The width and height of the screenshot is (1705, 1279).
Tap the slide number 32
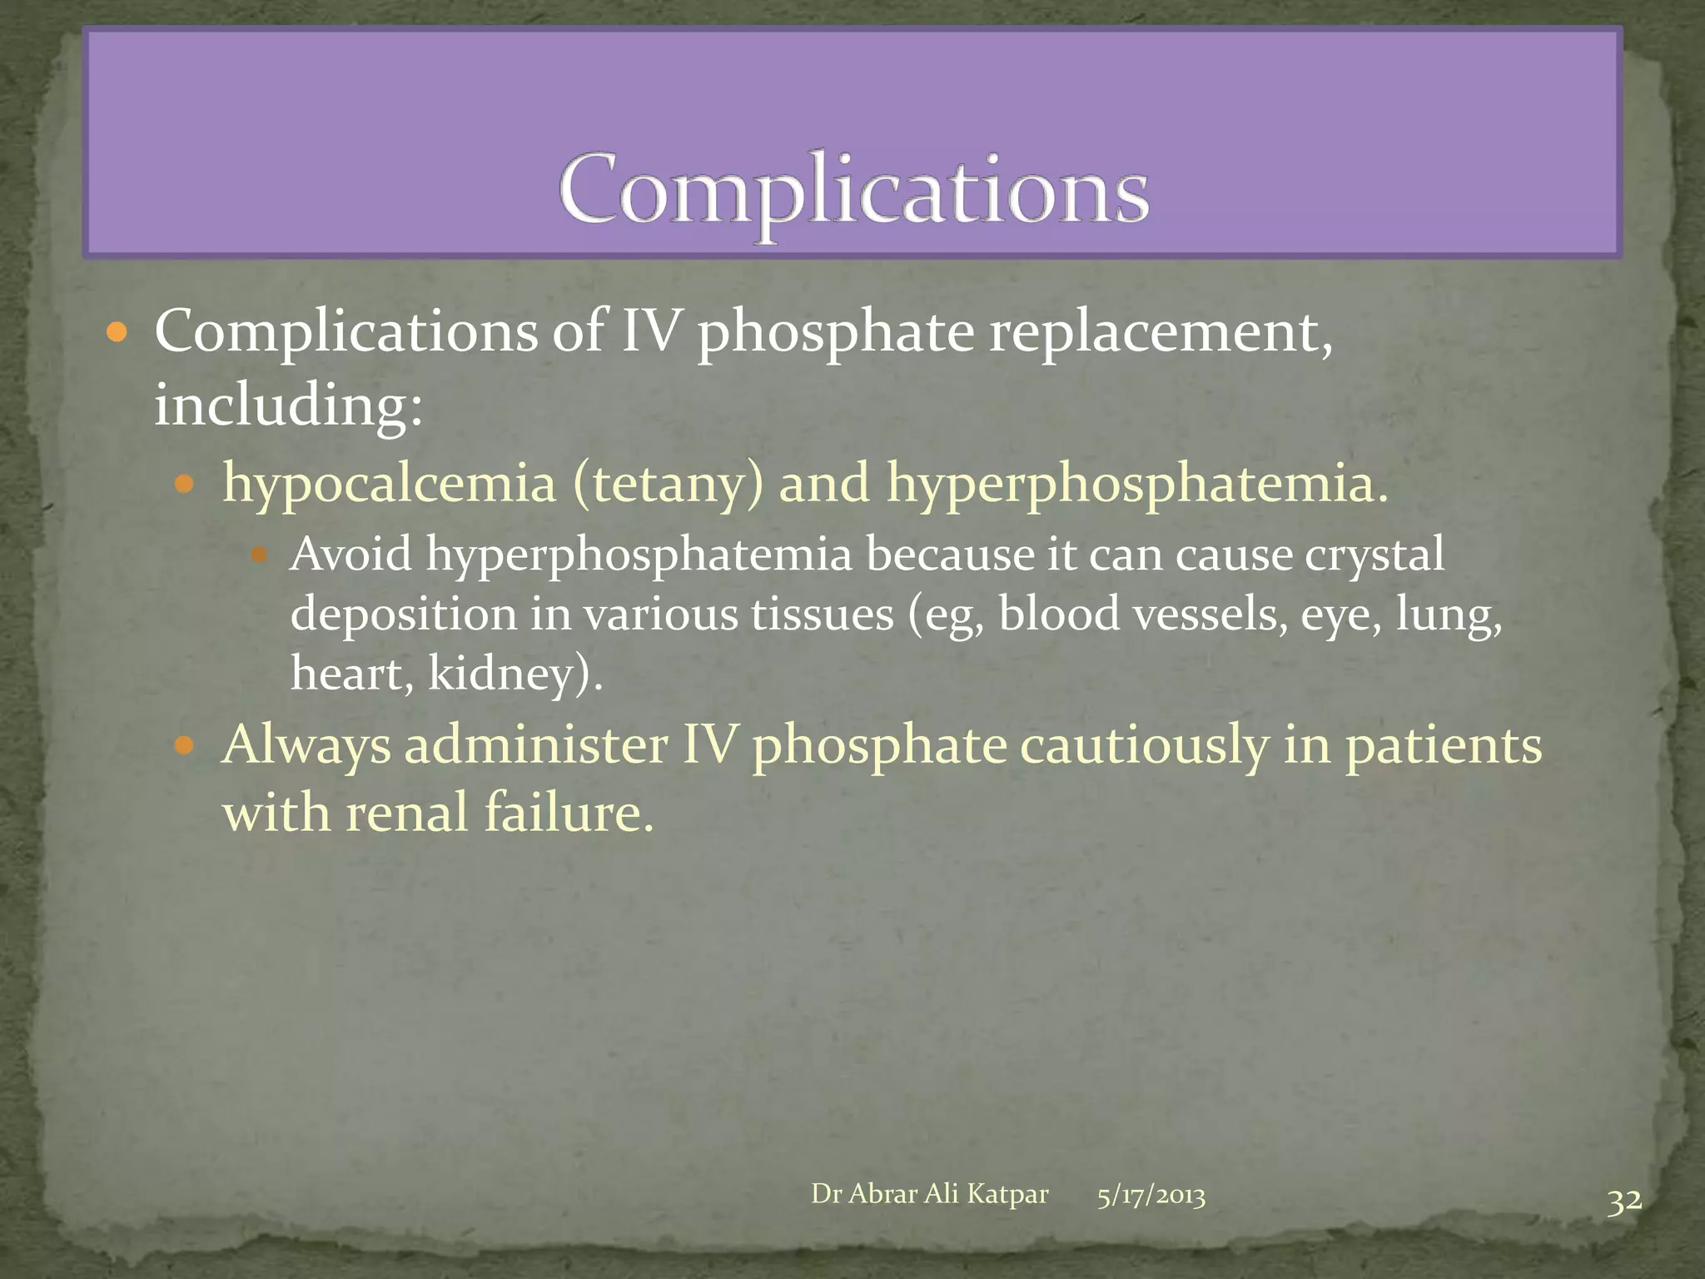(1623, 1202)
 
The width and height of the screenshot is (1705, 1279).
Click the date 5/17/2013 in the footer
(1151, 1196)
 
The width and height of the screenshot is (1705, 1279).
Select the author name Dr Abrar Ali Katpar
(929, 1194)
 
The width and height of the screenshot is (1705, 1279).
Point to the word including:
(288, 406)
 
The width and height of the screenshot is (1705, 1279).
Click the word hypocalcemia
(389, 483)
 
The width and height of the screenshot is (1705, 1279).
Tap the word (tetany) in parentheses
(667, 485)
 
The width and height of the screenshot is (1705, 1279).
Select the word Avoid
(350, 554)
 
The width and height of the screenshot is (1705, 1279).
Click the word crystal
(1374, 555)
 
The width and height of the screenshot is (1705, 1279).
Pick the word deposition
(403, 615)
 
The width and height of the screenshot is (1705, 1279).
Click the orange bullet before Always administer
(184, 744)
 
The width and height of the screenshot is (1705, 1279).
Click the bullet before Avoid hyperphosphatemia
(258, 555)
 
